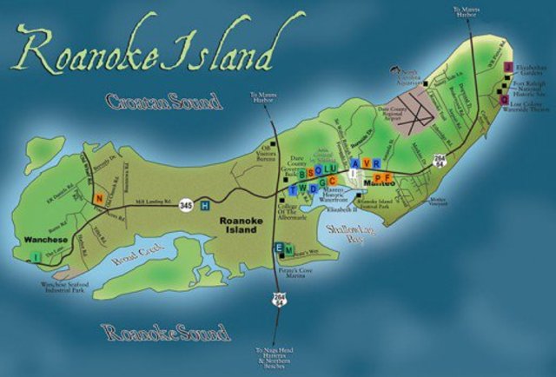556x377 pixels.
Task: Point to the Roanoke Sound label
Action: point(165,332)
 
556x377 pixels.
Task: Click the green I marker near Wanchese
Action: point(36,256)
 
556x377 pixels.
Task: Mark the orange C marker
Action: point(333,180)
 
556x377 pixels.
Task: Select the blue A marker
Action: point(354,163)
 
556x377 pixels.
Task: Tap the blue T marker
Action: point(292,188)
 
